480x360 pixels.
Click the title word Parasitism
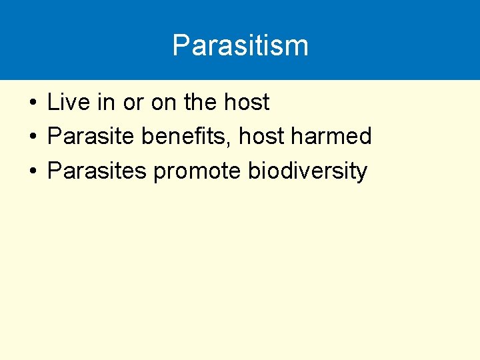pos(240,46)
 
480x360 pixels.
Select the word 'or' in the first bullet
pos(133,103)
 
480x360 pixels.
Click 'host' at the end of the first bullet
pos(247,103)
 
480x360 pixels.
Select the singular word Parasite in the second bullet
pos(91,137)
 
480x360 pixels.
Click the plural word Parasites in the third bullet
pos(97,171)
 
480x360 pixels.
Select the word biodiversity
pos(307,171)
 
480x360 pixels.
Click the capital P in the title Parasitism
pos(181,46)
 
